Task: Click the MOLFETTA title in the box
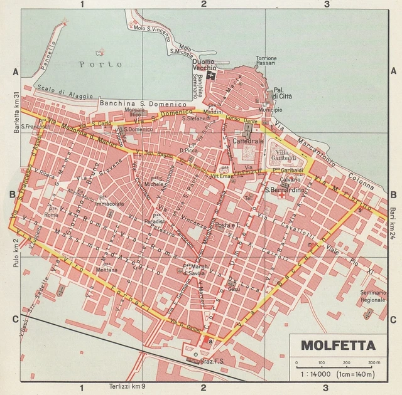click(x=338, y=345)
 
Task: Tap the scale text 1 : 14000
click(x=313, y=374)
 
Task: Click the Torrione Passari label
click(x=266, y=61)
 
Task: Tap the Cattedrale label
click(x=247, y=142)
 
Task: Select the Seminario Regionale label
click(x=373, y=296)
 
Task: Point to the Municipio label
click(x=270, y=110)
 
